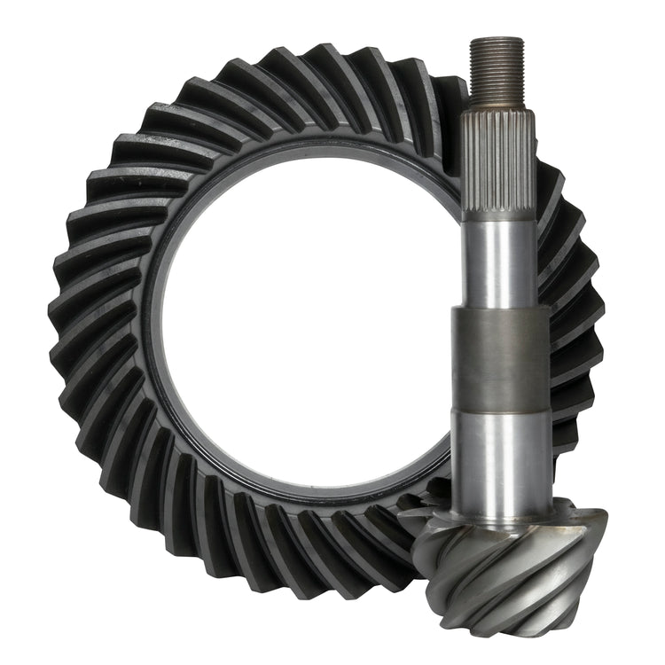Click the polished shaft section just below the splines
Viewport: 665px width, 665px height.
coord(500,262)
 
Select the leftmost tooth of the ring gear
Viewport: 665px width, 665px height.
coord(62,337)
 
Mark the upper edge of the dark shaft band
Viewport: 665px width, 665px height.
coord(500,309)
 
